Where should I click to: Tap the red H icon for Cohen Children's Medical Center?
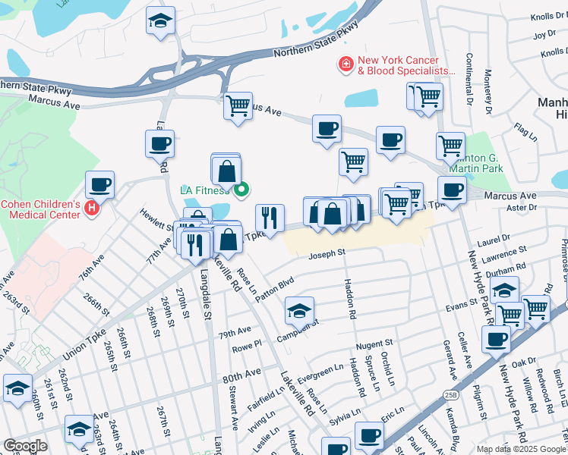point(92,207)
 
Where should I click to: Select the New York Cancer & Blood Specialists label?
point(398,65)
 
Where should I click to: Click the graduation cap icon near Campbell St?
point(299,309)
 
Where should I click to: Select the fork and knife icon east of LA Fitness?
point(270,218)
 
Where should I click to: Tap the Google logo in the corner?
point(25,446)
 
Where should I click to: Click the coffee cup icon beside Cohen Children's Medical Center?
point(99,184)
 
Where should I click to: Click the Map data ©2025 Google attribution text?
point(521,449)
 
